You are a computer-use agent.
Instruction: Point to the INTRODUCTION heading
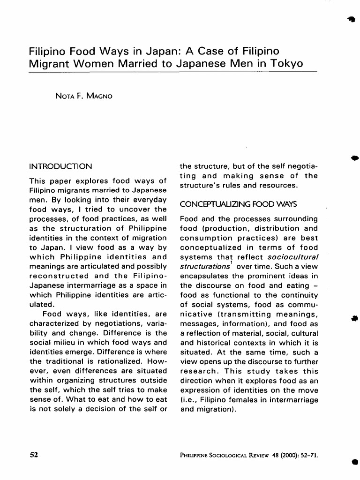(60, 166)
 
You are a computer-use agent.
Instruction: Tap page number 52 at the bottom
(33, 455)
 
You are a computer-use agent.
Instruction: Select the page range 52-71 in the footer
(307, 455)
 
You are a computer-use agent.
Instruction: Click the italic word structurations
(198, 266)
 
